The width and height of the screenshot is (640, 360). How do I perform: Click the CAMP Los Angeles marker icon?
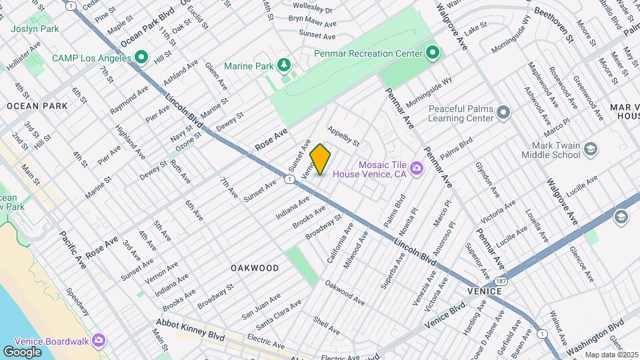pos(140,58)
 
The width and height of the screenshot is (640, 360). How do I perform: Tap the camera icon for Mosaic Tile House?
pos(417,169)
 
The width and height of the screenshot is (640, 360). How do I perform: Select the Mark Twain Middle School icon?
pos(590,150)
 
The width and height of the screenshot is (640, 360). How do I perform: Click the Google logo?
pos(23,351)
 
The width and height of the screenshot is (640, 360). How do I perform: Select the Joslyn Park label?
pos(35,29)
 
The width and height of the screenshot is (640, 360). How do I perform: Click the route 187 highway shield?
pos(501,281)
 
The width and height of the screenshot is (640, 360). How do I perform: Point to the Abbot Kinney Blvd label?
pos(190,329)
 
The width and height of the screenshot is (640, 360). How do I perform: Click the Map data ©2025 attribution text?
pos(611,355)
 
